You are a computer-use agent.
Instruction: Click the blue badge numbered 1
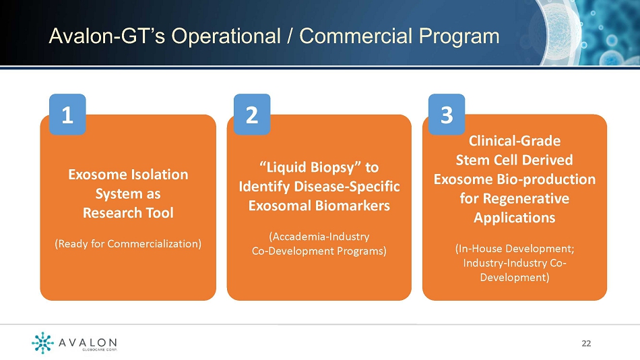[x=67, y=115]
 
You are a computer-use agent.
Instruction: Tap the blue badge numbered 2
[x=252, y=115]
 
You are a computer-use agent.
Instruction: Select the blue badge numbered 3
[x=447, y=115]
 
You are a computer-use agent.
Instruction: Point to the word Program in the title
[x=459, y=37]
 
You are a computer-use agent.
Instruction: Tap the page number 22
[x=586, y=343]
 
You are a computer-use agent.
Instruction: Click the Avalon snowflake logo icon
[x=42, y=342]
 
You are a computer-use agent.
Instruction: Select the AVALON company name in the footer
[x=88, y=342]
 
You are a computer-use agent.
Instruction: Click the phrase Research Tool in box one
[x=128, y=212]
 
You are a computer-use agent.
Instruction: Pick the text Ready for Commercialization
[x=128, y=244]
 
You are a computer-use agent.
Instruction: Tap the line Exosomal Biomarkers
[x=319, y=205]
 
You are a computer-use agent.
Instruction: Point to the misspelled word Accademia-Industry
[x=319, y=237]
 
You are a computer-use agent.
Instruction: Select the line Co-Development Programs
[x=319, y=251]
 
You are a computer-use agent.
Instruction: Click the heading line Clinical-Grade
[x=515, y=141]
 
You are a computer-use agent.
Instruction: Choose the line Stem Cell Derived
[x=514, y=160]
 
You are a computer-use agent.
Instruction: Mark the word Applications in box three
[x=514, y=218]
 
